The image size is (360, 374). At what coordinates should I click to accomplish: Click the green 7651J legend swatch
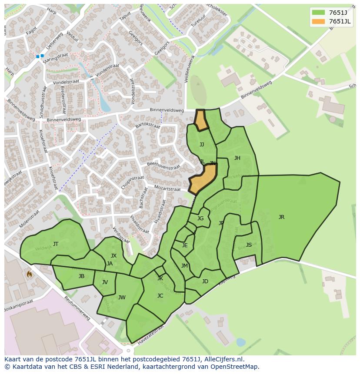coord(318,13)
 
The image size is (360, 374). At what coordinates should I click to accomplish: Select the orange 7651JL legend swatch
coord(318,21)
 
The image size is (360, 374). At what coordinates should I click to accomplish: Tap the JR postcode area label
coord(281,217)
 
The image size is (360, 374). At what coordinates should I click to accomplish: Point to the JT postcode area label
coord(56,244)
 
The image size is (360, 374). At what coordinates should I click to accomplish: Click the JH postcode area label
coord(237,158)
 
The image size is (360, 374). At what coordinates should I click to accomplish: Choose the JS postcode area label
coord(249,245)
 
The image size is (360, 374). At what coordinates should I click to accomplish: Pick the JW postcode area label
coord(122,298)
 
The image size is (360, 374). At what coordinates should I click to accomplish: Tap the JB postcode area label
coord(81,276)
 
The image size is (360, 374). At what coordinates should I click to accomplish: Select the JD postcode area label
coord(205,281)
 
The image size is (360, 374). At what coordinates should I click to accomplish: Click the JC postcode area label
coord(160,296)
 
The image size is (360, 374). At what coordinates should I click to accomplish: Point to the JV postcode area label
coord(105,282)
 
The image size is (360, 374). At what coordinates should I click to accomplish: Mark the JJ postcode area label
coord(201,145)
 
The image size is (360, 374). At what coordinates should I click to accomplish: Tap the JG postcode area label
coord(200,218)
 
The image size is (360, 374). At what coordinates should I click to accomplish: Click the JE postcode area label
coord(185,245)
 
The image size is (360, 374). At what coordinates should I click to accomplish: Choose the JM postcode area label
coord(184,266)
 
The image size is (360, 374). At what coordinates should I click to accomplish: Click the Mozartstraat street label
coord(167,189)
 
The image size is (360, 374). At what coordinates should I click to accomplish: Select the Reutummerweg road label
coord(77,308)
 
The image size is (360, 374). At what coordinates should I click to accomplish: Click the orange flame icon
coord(29,274)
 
